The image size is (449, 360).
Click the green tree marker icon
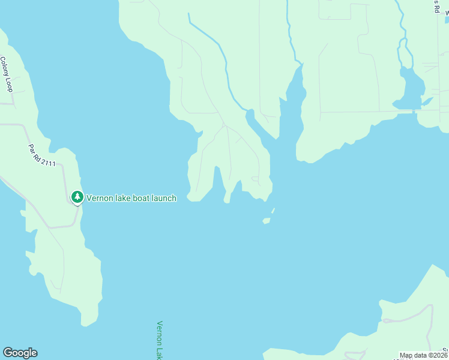point(77,197)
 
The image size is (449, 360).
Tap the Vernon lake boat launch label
point(131,198)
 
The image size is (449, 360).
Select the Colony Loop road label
point(7,74)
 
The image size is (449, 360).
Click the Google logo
point(20,353)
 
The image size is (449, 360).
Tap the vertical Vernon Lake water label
point(160,340)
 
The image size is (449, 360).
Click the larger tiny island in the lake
point(266,221)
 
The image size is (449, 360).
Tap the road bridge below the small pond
point(414,111)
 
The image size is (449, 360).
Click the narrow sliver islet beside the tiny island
point(273,211)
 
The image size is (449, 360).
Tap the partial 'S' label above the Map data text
point(445,350)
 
